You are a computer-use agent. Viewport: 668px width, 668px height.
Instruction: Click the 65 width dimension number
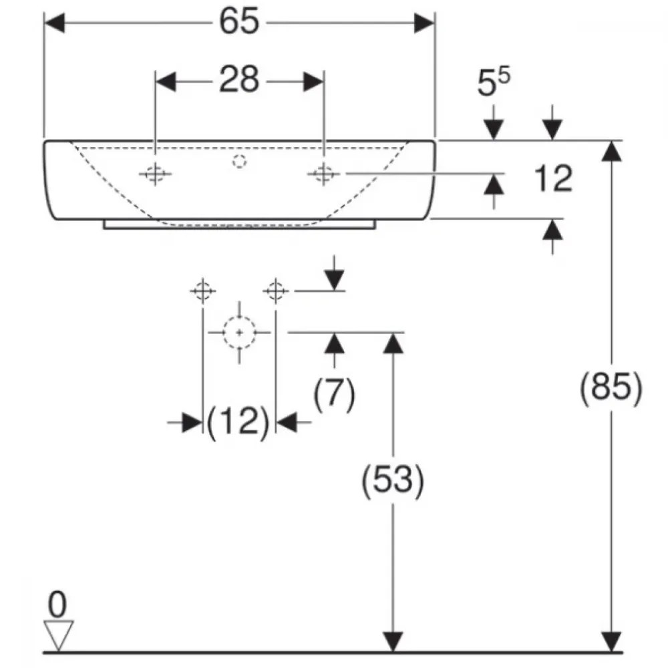click(x=239, y=21)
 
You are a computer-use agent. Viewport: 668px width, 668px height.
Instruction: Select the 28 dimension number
click(x=239, y=79)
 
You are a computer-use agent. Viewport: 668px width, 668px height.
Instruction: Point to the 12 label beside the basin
click(x=553, y=178)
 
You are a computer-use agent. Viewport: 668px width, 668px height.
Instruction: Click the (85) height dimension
click(x=611, y=387)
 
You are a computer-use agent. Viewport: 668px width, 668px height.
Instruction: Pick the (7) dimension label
click(x=335, y=393)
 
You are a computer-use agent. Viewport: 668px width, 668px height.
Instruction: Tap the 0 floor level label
click(x=57, y=604)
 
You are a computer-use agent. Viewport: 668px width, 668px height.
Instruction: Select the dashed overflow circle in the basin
click(x=239, y=162)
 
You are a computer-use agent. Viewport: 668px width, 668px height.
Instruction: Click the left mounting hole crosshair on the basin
click(x=155, y=174)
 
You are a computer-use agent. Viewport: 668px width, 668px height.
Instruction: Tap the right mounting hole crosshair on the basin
click(x=323, y=174)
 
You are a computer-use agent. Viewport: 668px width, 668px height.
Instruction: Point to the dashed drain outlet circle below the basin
click(x=239, y=332)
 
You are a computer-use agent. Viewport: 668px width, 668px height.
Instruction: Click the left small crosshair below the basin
click(x=203, y=291)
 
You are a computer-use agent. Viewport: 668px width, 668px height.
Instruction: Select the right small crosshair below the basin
click(x=276, y=291)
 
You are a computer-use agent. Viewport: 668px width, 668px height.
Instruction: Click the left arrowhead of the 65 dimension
click(x=55, y=23)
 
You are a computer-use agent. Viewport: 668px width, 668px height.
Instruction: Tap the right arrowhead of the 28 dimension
click(x=313, y=81)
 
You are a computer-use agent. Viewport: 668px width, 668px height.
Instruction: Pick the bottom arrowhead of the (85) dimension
click(x=611, y=641)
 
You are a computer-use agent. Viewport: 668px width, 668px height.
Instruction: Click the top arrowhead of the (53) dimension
click(x=393, y=343)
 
